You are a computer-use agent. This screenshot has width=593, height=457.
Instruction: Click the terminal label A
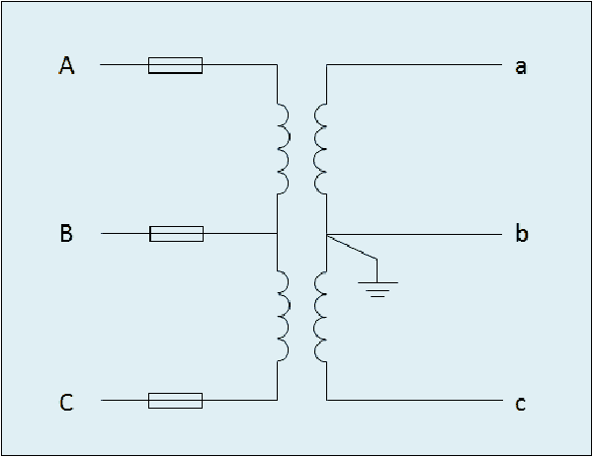[66, 65]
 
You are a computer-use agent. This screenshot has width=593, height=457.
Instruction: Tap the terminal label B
[66, 233]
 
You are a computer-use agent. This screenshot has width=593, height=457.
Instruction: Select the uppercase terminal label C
[66, 402]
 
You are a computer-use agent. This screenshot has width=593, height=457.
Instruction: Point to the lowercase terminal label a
[521, 67]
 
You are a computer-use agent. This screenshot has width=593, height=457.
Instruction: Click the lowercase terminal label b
[522, 233]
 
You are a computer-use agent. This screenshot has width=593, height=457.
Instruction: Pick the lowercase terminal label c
[521, 404]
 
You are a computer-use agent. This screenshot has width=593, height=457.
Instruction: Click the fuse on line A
[176, 65]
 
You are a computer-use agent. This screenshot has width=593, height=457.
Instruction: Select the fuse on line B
[177, 234]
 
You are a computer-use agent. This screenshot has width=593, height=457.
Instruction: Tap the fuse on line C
[176, 401]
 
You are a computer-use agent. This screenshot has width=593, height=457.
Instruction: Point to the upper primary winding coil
[284, 148]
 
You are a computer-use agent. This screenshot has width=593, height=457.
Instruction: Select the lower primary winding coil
[284, 316]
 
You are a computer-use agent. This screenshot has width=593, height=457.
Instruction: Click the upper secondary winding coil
[320, 148]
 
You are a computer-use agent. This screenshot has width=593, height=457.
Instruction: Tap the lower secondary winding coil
[320, 316]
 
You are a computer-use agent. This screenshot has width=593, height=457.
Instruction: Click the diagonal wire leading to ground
[352, 247]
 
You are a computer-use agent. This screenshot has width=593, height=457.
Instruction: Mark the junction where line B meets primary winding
[277, 234]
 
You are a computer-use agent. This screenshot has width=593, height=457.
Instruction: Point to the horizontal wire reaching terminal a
[414, 64]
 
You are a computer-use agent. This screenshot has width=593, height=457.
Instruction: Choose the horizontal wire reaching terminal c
[414, 400]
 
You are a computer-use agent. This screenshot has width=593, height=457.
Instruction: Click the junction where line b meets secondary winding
[327, 235]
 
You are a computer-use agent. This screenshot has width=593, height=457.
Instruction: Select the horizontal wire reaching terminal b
[414, 235]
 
